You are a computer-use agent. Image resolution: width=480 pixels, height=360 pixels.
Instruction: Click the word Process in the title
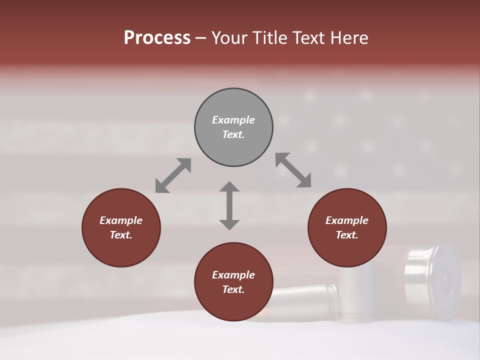point(157,38)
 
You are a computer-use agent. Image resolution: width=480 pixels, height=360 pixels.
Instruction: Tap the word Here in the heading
point(349,38)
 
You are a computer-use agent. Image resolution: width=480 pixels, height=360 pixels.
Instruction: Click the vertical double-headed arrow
point(229,205)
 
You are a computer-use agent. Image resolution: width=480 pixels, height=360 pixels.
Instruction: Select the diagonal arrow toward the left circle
point(173,175)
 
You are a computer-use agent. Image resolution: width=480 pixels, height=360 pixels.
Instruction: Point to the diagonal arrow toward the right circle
point(293,170)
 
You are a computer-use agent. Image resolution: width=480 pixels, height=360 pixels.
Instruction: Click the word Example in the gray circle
point(233,120)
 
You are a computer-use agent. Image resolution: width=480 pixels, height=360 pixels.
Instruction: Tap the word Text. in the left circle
point(121,235)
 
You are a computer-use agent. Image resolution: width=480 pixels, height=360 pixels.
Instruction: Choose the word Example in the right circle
point(347,220)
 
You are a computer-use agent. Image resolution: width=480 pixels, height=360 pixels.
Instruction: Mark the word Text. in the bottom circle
point(233,289)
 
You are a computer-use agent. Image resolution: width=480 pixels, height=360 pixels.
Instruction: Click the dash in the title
point(201,38)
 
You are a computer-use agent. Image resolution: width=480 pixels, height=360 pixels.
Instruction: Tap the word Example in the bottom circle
point(233,275)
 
